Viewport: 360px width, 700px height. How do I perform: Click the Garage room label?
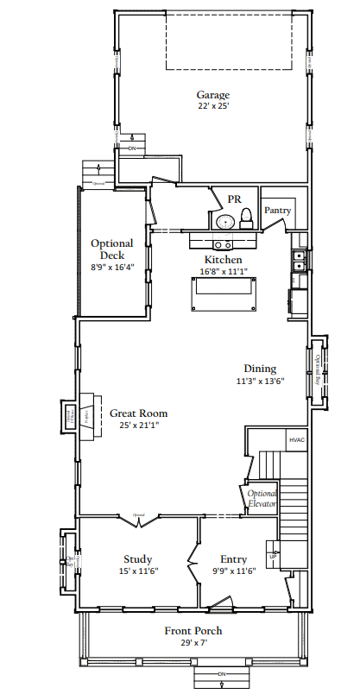click(x=212, y=95)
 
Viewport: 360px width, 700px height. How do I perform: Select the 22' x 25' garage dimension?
click(x=212, y=106)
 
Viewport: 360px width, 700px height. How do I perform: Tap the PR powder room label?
click(x=233, y=199)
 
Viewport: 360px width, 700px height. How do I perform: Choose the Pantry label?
click(x=277, y=210)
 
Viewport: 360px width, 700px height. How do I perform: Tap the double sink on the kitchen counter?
click(x=299, y=261)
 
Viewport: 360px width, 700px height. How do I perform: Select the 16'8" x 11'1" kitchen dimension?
click(x=223, y=271)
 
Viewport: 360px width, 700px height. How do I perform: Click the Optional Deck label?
click(x=112, y=249)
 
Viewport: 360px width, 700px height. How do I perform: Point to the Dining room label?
click(x=260, y=369)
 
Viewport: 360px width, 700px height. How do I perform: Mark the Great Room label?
click(x=138, y=413)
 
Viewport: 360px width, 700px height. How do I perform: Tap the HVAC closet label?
click(x=296, y=440)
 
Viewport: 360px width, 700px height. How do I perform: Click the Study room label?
click(x=137, y=558)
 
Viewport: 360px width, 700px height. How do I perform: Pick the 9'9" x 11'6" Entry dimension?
click(x=234, y=571)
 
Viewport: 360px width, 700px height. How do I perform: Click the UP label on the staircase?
click(x=274, y=556)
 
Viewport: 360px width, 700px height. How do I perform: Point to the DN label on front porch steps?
click(x=221, y=673)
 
